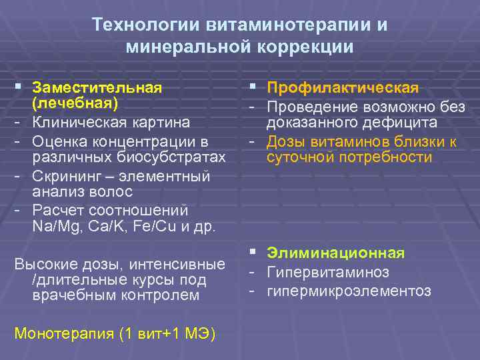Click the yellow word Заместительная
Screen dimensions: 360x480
coord(97,89)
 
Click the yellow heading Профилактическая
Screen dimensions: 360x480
coord(343,89)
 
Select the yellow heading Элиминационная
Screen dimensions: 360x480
coord(335,253)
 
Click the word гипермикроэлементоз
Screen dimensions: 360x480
coord(349,291)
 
